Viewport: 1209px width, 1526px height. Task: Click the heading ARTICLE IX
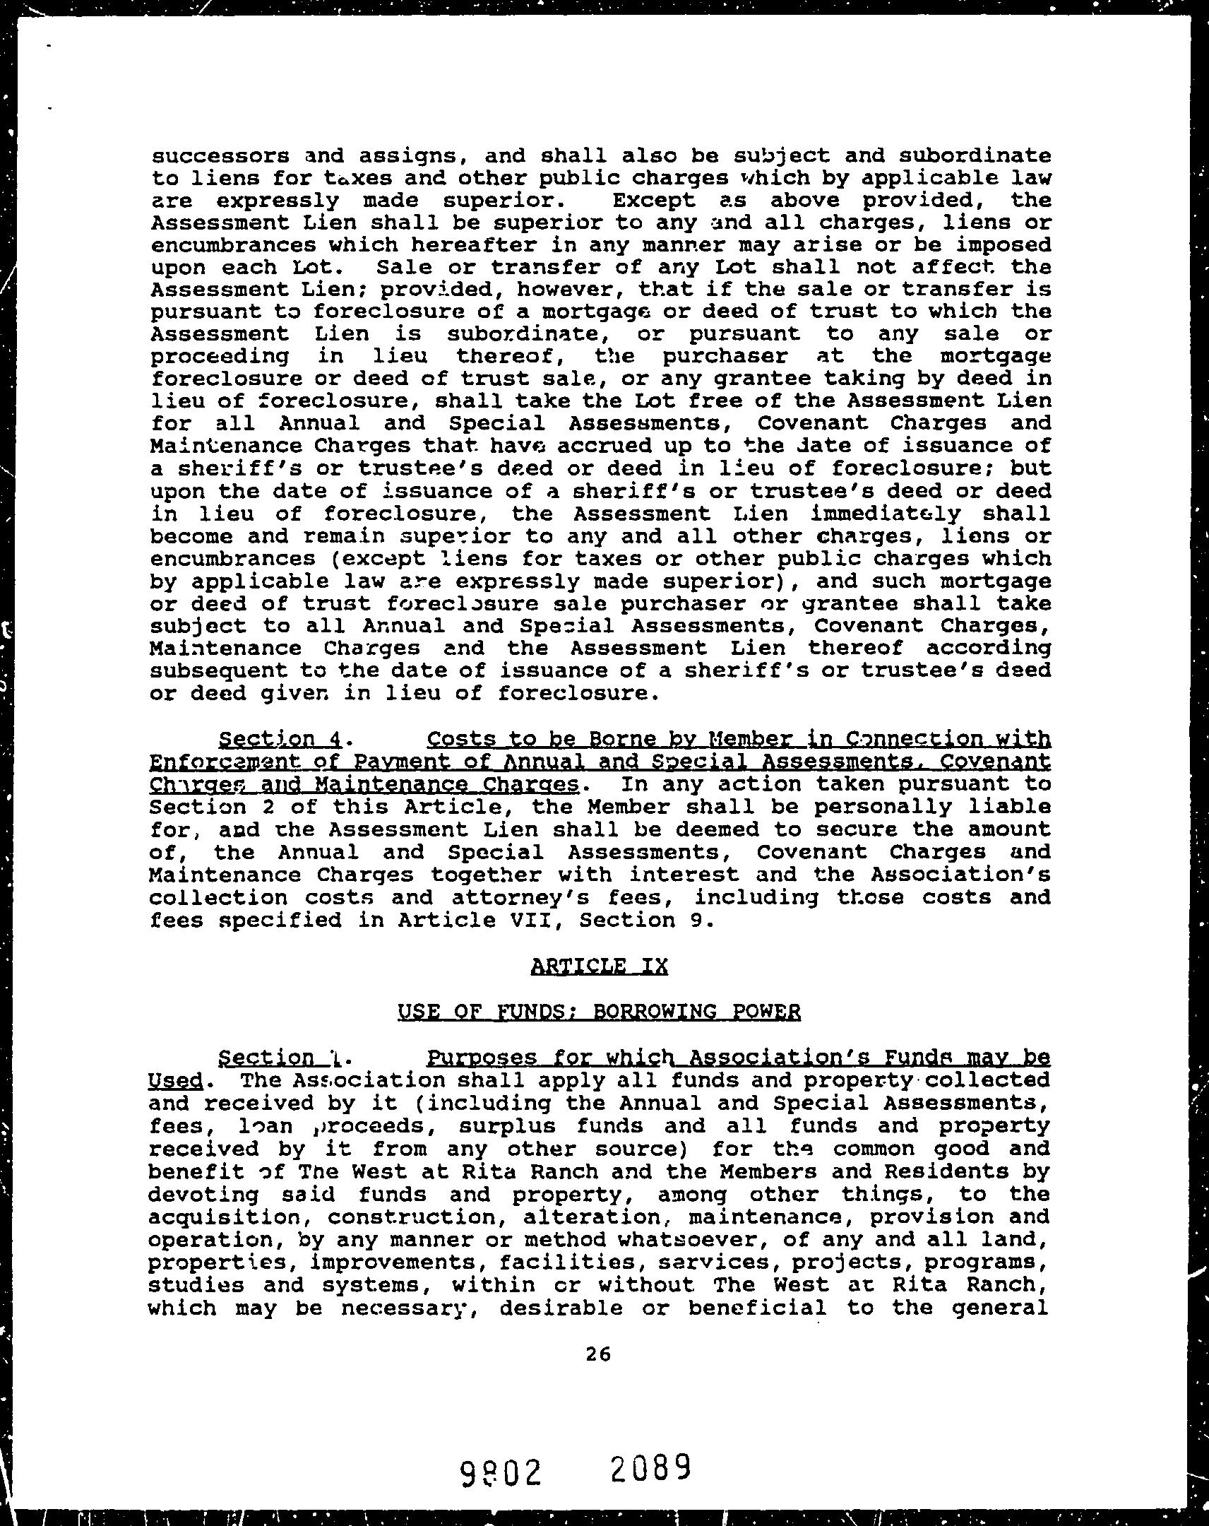click(598, 966)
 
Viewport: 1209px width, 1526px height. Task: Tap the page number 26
click(598, 1354)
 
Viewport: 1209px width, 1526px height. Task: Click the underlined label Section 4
click(280, 740)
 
